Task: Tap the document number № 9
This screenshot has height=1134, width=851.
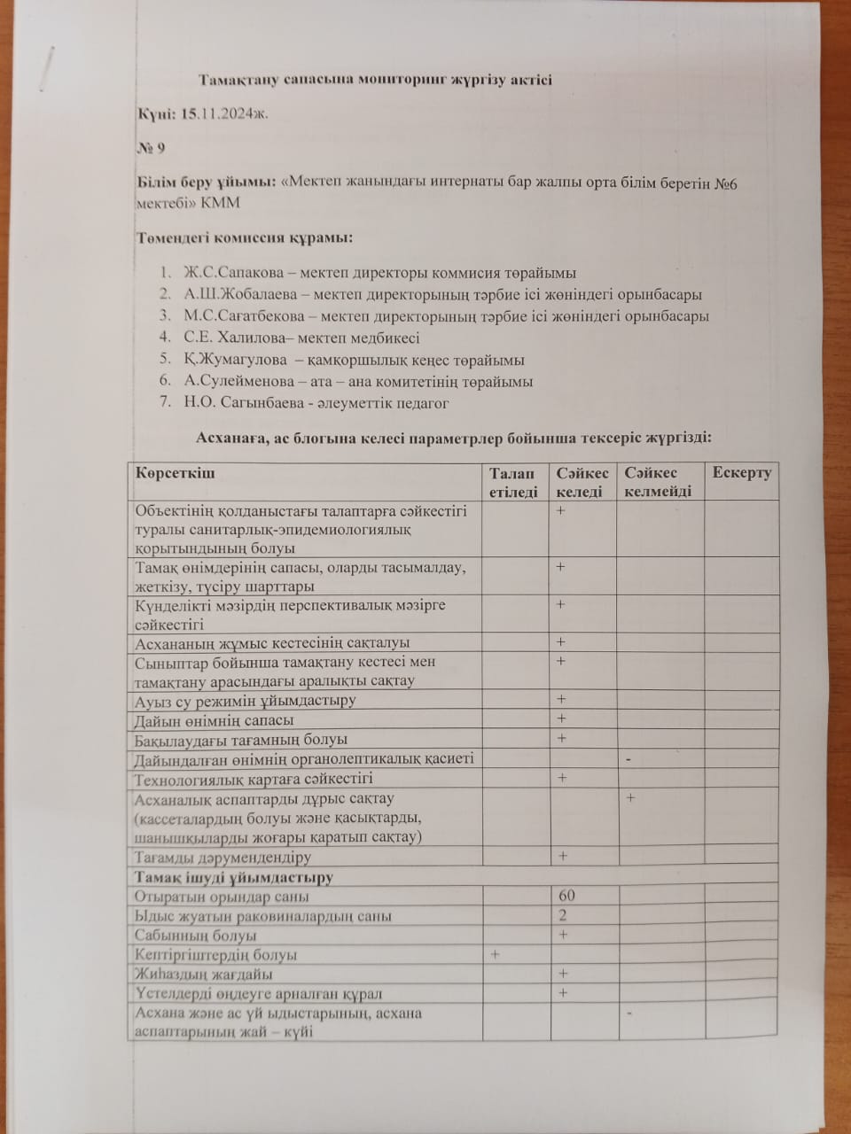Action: coord(150,148)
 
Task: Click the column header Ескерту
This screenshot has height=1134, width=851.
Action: coord(741,473)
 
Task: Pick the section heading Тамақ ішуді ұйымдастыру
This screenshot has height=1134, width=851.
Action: coord(233,877)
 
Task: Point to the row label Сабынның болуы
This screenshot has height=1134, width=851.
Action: coord(196,936)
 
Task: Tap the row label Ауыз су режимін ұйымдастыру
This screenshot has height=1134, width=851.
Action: coord(245,701)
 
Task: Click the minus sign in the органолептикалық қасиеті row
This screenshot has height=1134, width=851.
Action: coord(628,758)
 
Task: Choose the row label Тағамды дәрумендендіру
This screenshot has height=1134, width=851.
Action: coord(223,858)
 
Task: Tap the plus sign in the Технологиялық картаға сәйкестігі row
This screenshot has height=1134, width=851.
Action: coord(561,778)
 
